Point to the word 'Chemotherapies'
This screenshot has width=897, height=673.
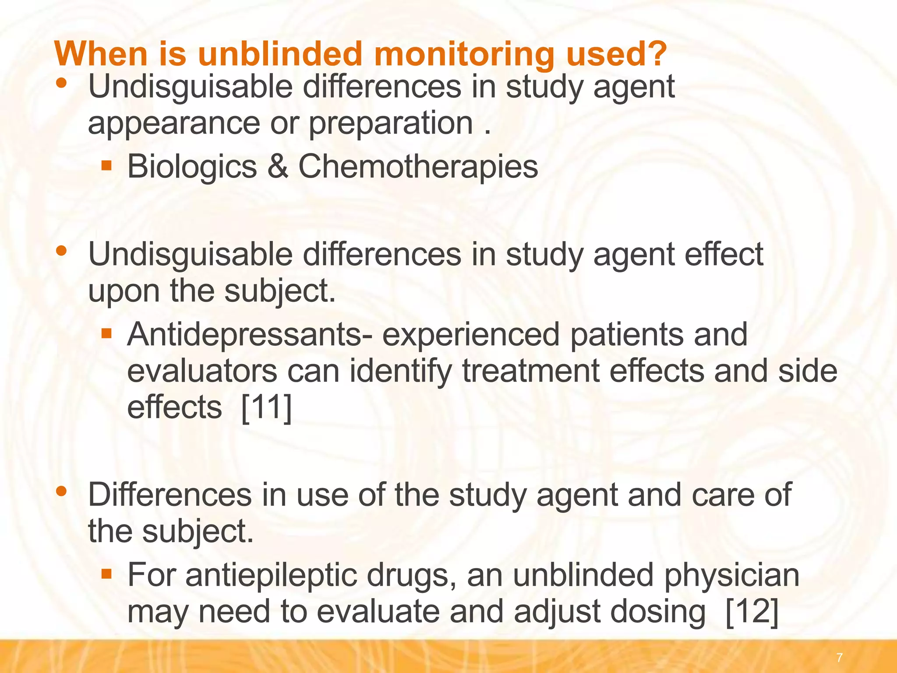coord(418,168)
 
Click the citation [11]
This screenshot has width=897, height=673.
coord(266,407)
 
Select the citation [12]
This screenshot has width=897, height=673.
coord(752,612)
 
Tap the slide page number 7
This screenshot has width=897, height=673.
coord(839,658)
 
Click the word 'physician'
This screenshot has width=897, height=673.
coord(731,576)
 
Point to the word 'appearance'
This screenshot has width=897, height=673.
coord(174,124)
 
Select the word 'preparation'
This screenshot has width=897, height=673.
coord(391,124)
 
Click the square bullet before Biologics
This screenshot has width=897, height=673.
coord(106,166)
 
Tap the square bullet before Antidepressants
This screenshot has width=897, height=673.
coord(106,334)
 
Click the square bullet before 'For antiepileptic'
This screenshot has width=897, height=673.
coord(106,574)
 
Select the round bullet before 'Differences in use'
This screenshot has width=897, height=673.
coord(62,491)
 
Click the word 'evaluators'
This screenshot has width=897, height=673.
coord(202,371)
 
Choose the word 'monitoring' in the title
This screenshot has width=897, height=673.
coord(464,54)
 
